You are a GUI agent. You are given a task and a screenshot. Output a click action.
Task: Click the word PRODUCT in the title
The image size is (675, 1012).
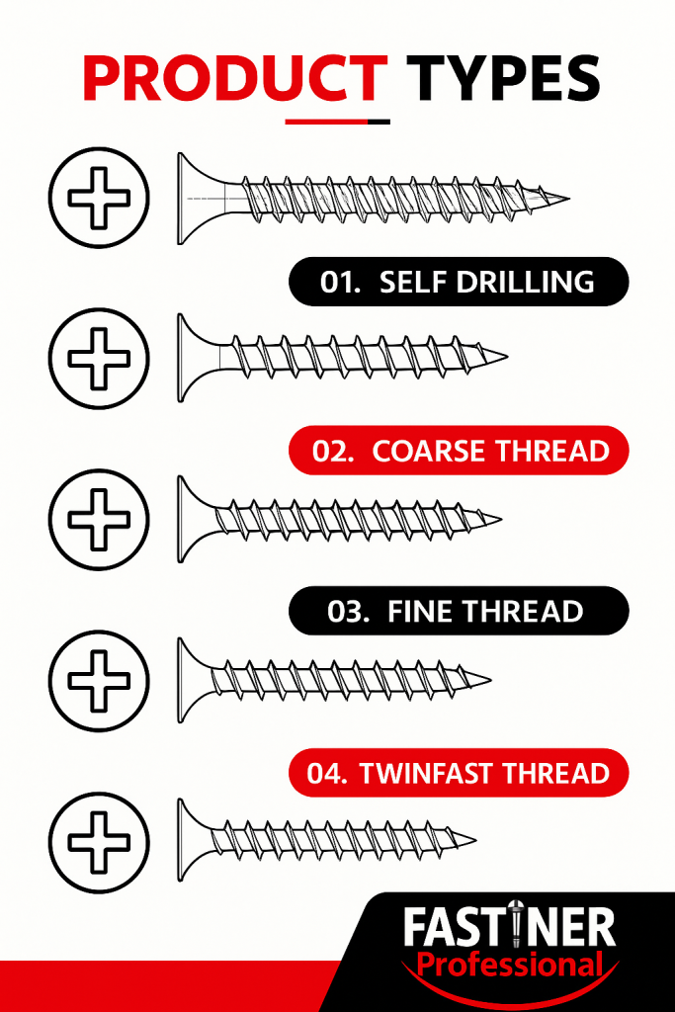[x=235, y=78]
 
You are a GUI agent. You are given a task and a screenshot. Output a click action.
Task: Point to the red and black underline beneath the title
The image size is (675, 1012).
[x=338, y=122]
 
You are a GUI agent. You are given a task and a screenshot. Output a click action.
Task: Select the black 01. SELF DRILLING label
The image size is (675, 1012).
[x=459, y=282]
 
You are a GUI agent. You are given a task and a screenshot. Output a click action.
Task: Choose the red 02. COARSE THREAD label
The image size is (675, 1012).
[x=459, y=451]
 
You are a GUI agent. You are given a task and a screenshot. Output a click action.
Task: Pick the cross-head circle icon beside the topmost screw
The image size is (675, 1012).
[x=99, y=198]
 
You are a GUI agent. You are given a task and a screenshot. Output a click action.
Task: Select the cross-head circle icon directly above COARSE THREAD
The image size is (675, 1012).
[x=99, y=358]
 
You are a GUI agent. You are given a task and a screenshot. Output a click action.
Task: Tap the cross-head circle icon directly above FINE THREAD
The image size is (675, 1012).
[x=99, y=520]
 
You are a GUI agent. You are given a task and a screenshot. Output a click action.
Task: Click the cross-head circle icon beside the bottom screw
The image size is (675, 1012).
[x=99, y=843]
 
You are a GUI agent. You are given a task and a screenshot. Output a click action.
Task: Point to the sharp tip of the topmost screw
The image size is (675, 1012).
[x=569, y=198]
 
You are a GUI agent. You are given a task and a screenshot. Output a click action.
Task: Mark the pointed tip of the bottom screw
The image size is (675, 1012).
[x=475, y=840]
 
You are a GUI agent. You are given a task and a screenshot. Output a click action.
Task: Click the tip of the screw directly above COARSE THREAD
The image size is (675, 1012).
[x=507, y=356]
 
